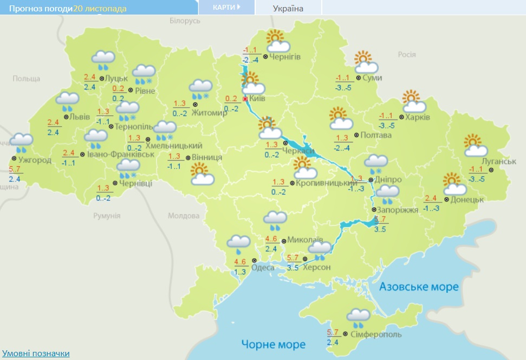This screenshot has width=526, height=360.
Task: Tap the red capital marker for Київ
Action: coord(245,99)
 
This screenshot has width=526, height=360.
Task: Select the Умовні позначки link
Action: coord(36,353)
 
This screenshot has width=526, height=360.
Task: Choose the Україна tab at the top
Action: coord(288,8)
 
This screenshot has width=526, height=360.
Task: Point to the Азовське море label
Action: coord(419,287)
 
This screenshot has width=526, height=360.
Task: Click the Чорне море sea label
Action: coord(274,344)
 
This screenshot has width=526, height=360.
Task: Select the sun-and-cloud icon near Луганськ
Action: coord(476,145)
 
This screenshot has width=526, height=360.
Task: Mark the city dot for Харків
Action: coord(401,117)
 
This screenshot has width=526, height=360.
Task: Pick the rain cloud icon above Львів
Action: coord(68,101)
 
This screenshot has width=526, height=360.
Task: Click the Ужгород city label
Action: coord(35,160)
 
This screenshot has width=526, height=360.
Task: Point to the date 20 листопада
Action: coord(100,9)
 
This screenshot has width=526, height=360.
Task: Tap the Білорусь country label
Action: coord(185,21)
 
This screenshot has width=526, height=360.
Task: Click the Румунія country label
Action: coord(106,215)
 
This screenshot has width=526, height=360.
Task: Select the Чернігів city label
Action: coord(285,57)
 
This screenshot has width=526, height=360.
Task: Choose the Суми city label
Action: coord(372,78)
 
